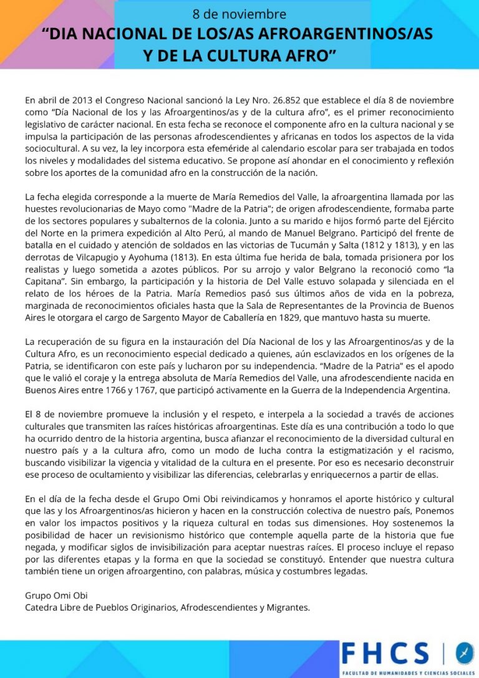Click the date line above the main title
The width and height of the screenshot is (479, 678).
pos(239,14)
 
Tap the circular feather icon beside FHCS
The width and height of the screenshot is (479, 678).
pos(464,652)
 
